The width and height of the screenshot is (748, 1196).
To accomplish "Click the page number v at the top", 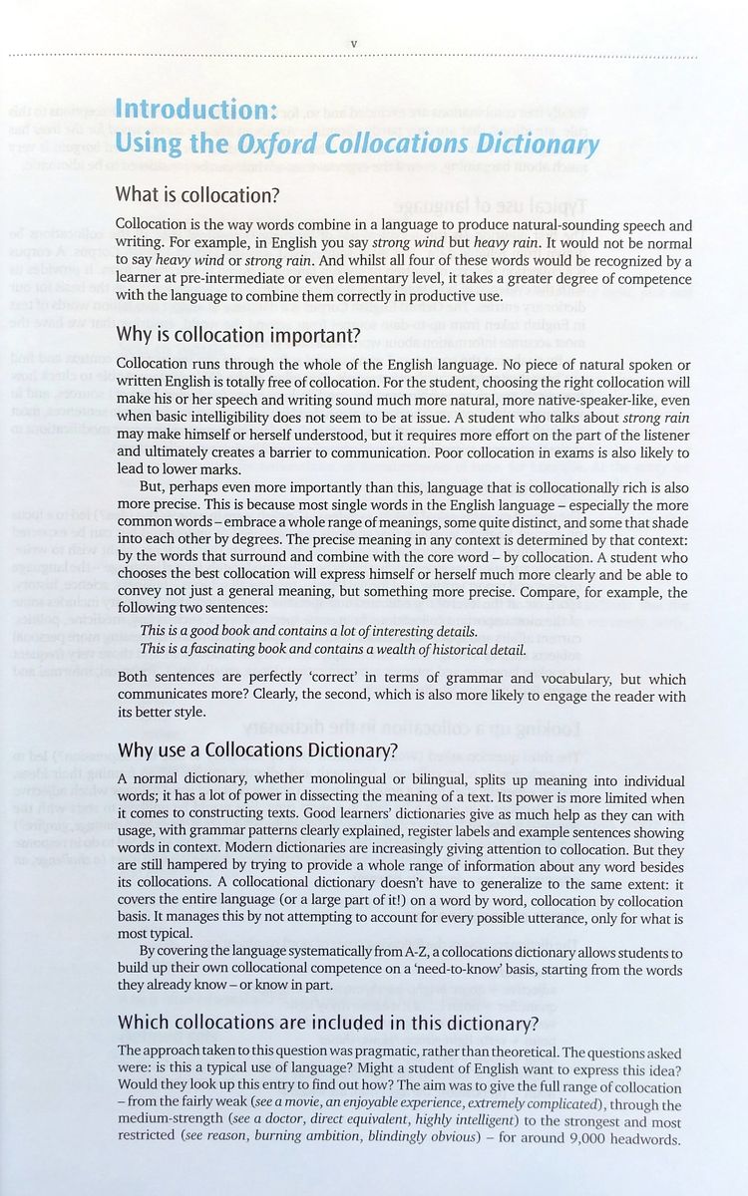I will point(354,43).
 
